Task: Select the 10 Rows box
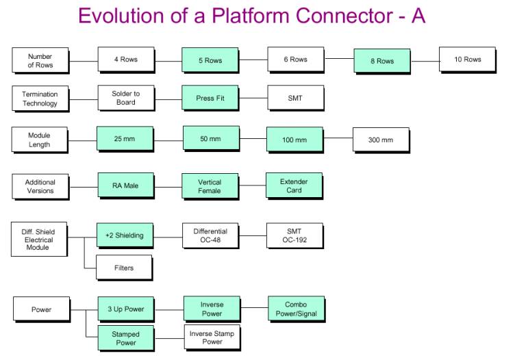(x=467, y=60)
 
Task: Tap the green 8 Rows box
(x=382, y=61)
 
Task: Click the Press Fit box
(x=210, y=98)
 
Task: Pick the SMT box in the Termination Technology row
(x=295, y=98)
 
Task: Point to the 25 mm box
(x=125, y=139)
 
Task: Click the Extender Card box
(x=294, y=185)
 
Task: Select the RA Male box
(x=125, y=185)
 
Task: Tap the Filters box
(x=124, y=268)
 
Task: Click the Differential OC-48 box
(x=210, y=235)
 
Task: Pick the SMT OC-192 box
(x=294, y=235)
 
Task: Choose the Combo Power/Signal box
(x=295, y=309)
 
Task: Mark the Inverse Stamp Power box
(x=212, y=337)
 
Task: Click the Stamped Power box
(x=125, y=338)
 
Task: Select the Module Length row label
(x=40, y=140)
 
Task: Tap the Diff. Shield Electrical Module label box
(x=39, y=240)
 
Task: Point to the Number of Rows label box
(x=40, y=60)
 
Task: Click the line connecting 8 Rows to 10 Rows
(x=425, y=61)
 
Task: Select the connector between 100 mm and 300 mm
(x=338, y=139)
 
